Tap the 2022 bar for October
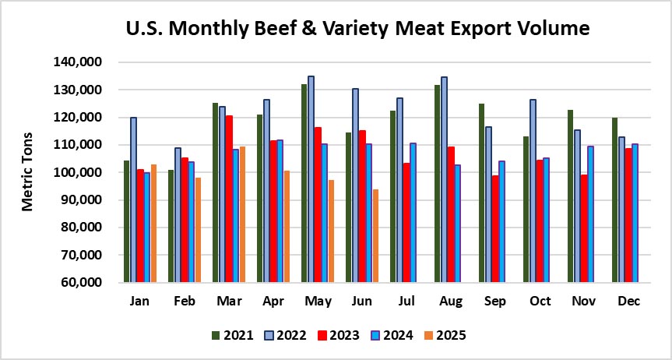533,190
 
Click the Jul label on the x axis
407,299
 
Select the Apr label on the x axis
273,299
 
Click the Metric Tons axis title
28,172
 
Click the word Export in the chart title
449,30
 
